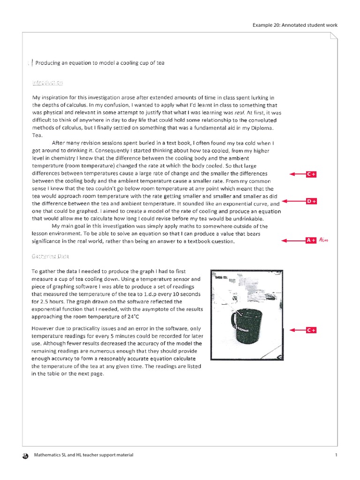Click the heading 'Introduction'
coord(47,82)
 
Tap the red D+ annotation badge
coord(311,201)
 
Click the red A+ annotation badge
coord(311,240)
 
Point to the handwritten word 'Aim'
coord(323,240)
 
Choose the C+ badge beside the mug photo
coord(311,330)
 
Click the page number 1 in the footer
coord(336,455)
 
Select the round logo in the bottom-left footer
coord(25,456)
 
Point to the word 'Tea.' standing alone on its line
coord(37,135)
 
